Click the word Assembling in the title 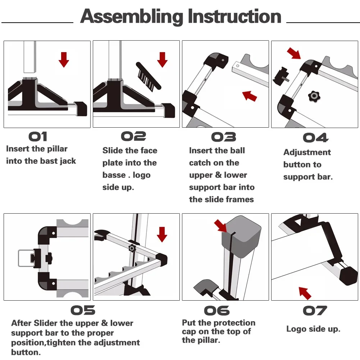(132, 17)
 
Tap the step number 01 (38, 137)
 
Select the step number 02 (133, 136)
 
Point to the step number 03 (223, 137)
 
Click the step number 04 (315, 138)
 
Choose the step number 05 (83, 310)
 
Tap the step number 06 (217, 310)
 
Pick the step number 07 (315, 310)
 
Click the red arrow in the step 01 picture (64, 59)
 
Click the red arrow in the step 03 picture (250, 96)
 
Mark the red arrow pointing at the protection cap (220, 225)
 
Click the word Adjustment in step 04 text (307, 152)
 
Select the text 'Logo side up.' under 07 (313, 329)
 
